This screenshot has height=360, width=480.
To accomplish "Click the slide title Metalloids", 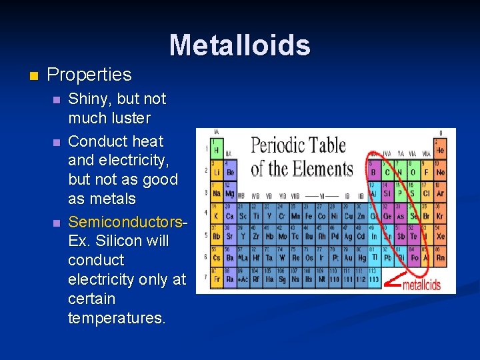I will (x=239, y=45).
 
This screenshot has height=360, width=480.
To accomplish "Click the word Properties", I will (x=89, y=74).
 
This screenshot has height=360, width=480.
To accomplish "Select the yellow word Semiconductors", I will (x=124, y=221).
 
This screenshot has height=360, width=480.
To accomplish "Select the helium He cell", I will (x=440, y=149).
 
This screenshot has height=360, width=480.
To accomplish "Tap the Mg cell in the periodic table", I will (x=229, y=193).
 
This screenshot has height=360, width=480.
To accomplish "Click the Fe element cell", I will (x=309, y=215).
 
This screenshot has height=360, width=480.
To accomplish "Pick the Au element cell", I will (x=348, y=257).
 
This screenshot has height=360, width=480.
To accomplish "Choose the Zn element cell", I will (x=361, y=215).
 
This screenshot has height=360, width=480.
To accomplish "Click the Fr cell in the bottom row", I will (x=217, y=279).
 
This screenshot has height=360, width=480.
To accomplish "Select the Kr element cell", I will (x=440, y=215).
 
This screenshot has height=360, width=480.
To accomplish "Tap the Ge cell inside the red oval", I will (x=387, y=215).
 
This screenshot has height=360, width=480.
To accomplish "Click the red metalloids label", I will (x=421, y=285).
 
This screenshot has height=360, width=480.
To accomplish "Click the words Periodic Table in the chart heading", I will (x=298, y=146).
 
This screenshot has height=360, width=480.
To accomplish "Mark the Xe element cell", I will (x=440, y=237).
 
